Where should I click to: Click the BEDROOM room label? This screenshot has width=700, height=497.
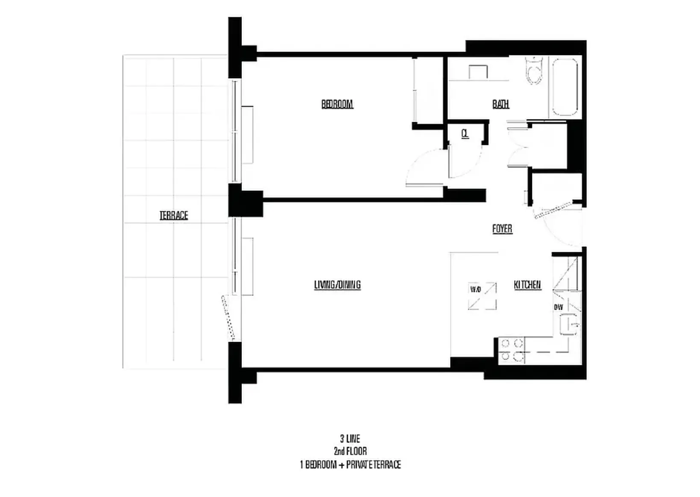click(337, 104)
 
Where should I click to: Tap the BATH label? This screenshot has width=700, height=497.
click(500, 104)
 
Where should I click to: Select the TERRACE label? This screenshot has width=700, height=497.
click(174, 215)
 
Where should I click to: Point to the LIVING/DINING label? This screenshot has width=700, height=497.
click(337, 285)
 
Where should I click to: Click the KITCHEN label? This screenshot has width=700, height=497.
click(527, 285)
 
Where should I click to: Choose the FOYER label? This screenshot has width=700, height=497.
click(502, 229)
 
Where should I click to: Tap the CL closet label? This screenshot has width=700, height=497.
click(465, 134)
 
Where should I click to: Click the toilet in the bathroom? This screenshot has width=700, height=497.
click(534, 71)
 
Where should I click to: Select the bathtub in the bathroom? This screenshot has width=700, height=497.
click(565, 87)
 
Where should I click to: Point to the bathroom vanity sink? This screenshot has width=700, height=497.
click(478, 72)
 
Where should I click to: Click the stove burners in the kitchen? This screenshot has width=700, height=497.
click(512, 350)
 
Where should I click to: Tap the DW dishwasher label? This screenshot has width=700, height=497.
click(559, 307)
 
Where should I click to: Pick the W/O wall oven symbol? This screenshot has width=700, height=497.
click(482, 295)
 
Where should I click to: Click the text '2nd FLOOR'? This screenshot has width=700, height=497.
click(350, 451)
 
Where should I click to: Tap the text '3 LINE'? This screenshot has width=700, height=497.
click(350, 439)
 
